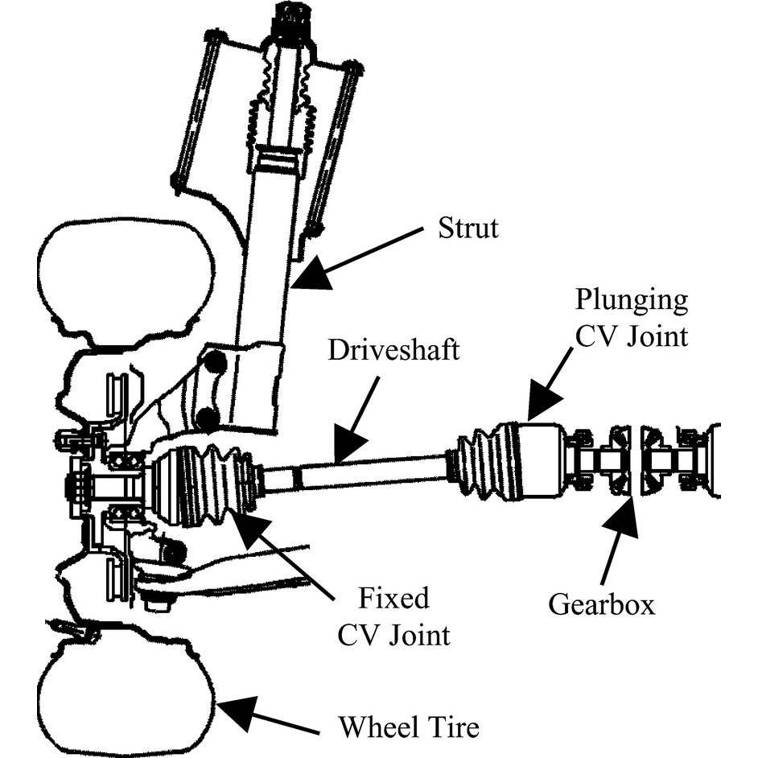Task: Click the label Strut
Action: point(468,228)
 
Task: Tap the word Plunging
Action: point(632,302)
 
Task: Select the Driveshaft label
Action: point(393,350)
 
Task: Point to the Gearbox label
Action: point(601,604)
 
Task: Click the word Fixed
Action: point(393,598)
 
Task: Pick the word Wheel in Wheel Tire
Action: point(375,727)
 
